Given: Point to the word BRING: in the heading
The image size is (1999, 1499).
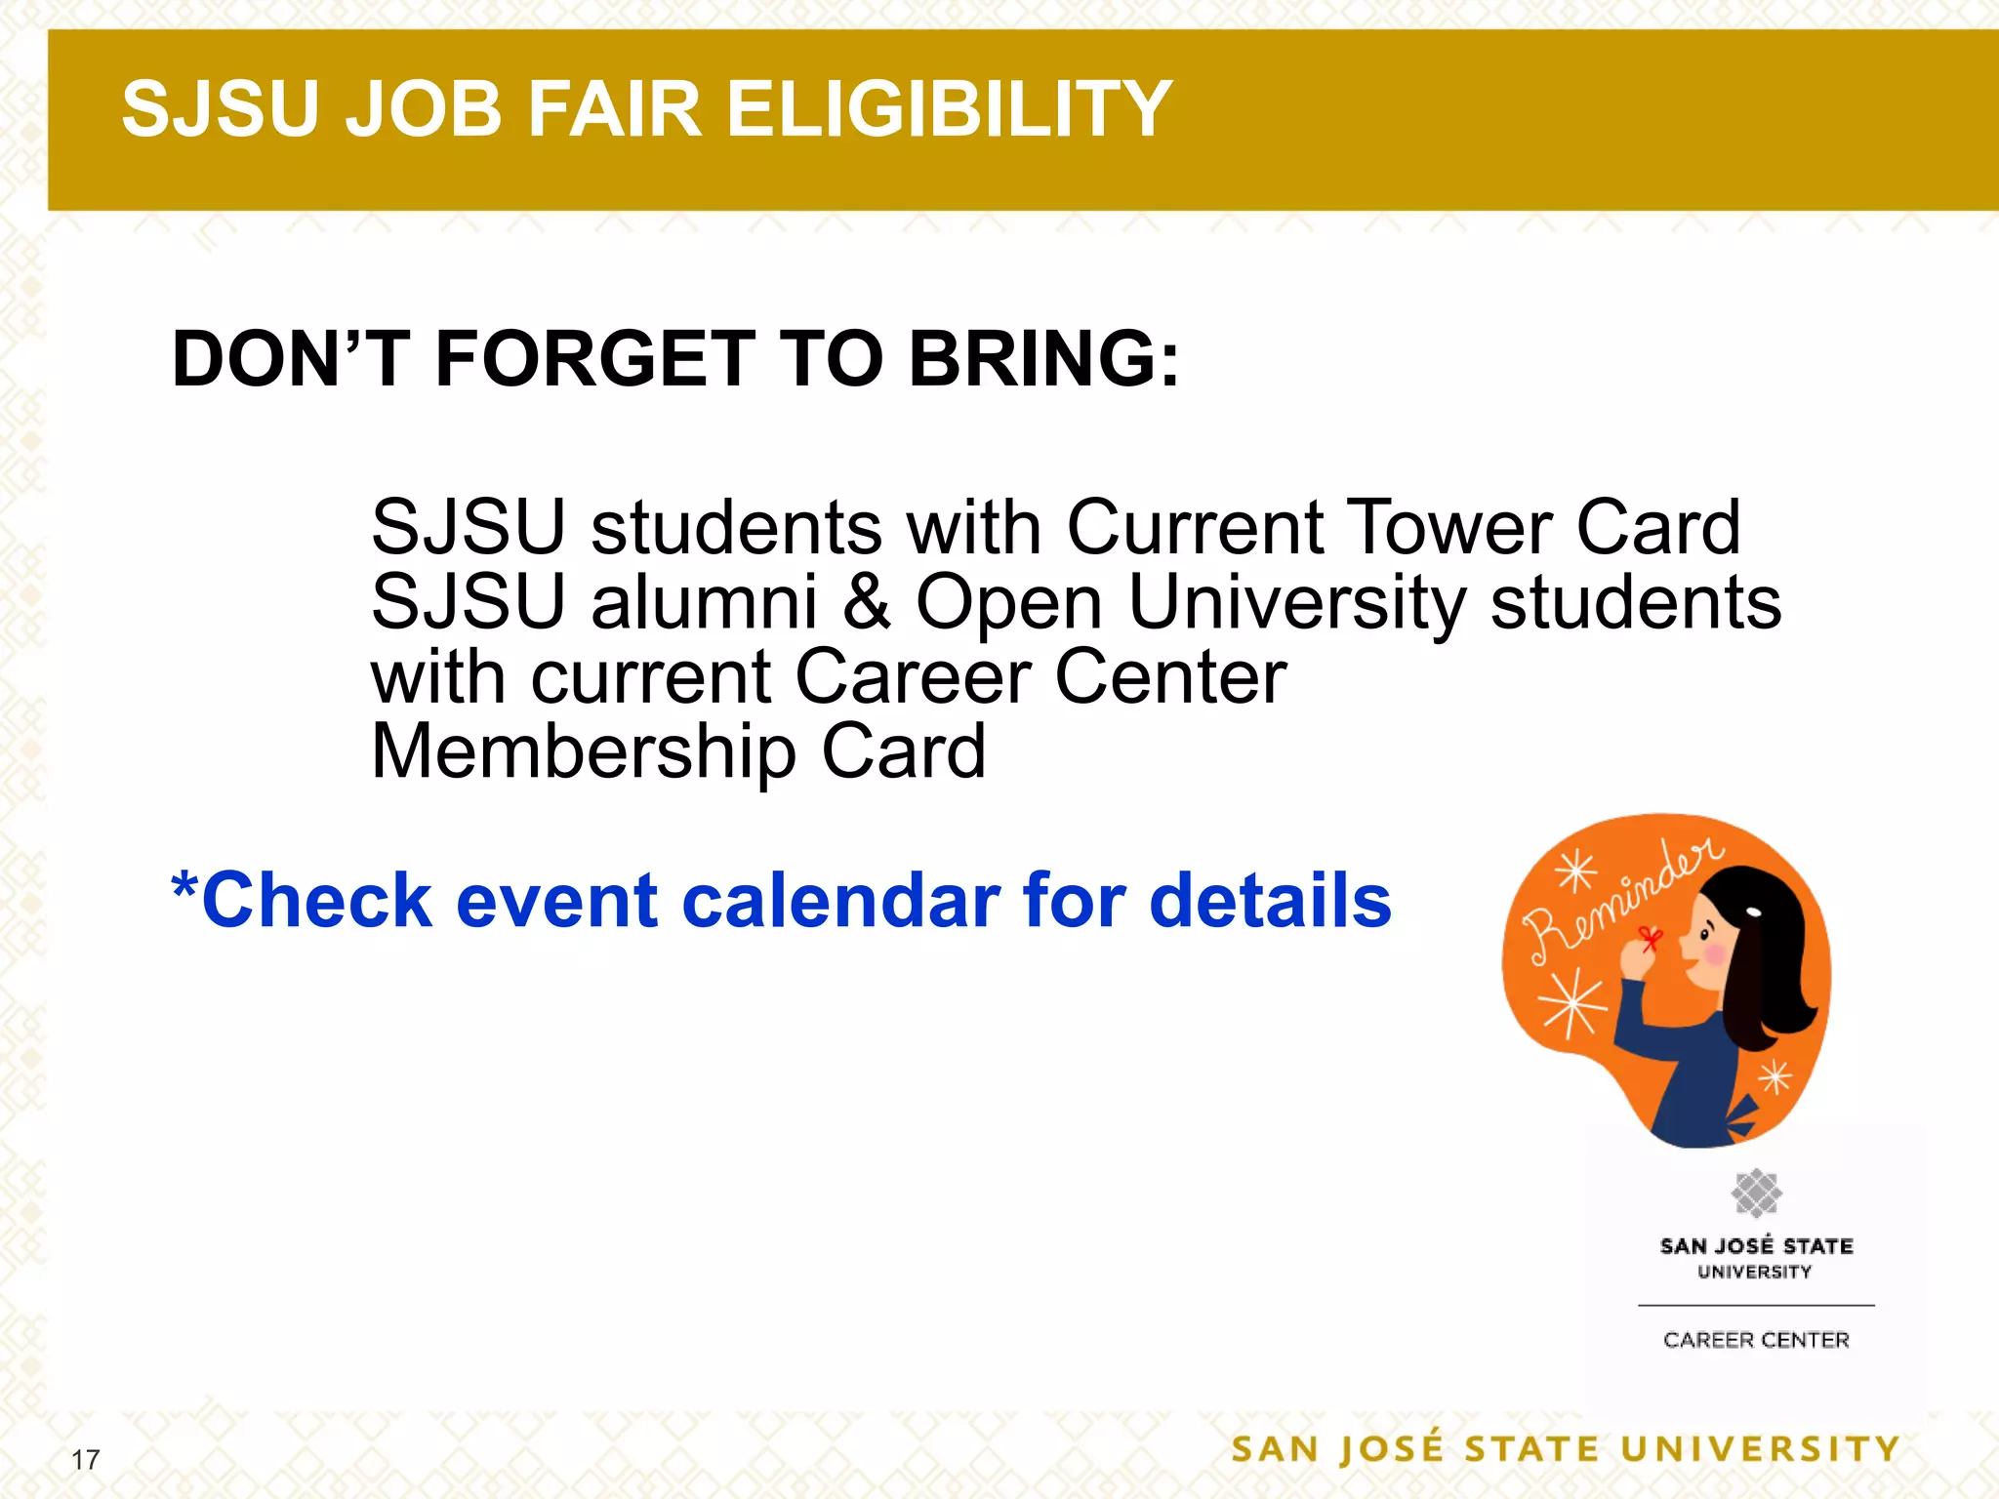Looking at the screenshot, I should (1044, 359).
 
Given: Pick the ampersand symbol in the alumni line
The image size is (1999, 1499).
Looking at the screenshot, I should (866, 601).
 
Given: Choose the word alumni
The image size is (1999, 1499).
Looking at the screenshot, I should (705, 601).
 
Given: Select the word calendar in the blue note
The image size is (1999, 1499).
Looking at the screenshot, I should (840, 900).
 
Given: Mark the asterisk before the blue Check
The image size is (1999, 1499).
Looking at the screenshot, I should (184, 886).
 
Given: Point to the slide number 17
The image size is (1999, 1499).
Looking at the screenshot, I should (86, 1460).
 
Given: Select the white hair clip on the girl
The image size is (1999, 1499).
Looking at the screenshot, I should (1754, 914).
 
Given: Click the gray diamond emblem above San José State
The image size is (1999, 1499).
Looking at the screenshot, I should (1756, 1193).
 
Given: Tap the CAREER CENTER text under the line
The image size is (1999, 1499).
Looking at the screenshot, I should (1756, 1340).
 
